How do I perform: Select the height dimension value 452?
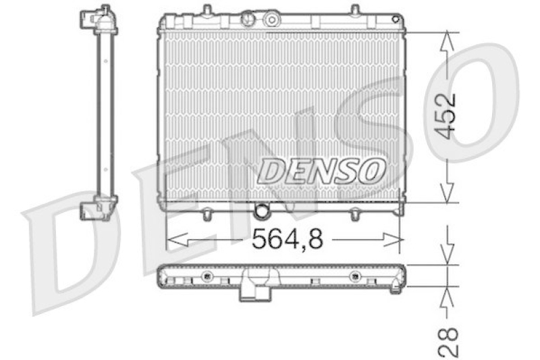point(446,115)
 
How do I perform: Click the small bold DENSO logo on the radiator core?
point(322,170)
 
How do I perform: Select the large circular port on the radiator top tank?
point(272,18)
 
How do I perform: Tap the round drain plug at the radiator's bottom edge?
point(261,211)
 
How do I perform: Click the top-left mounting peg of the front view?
point(207,10)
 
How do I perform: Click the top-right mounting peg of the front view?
point(353,10)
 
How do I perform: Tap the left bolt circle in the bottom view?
point(207,276)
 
